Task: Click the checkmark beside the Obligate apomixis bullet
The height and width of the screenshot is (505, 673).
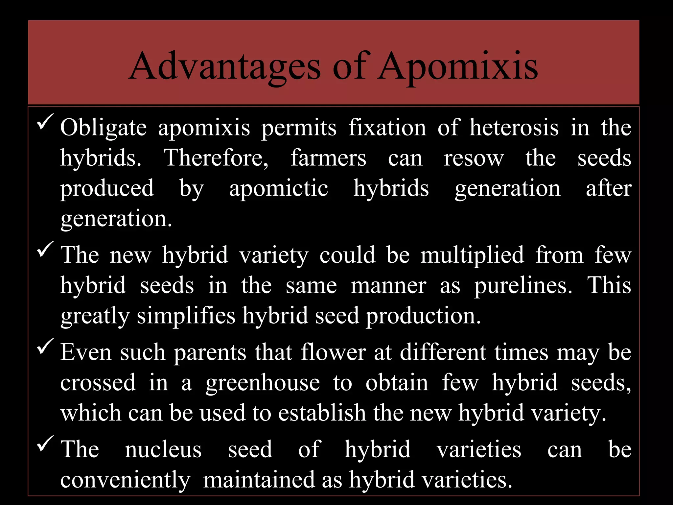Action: tap(45, 122)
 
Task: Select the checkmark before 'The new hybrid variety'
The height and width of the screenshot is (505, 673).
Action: tap(45, 250)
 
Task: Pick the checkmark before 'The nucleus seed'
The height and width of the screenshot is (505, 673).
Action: tap(45, 444)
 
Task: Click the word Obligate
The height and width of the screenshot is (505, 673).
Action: tap(103, 128)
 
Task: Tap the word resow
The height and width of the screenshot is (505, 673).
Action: tap(474, 158)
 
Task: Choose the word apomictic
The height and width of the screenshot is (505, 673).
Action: tap(279, 189)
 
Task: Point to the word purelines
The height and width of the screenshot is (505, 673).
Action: tap(523, 285)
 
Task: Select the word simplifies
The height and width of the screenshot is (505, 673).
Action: tap(186, 316)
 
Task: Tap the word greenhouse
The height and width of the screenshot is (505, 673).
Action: tap(263, 383)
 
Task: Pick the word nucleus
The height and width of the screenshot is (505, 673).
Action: tap(163, 449)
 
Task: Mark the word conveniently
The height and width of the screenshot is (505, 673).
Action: tap(125, 480)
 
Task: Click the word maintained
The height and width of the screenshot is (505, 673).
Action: tap(259, 480)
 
